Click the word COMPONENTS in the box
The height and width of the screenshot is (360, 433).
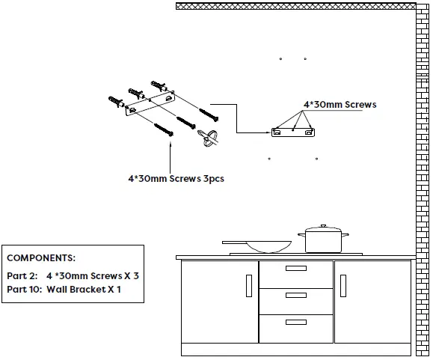click(x=41, y=257)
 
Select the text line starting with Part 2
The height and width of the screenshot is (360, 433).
click(x=73, y=275)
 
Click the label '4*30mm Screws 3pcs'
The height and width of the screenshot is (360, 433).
click(x=176, y=179)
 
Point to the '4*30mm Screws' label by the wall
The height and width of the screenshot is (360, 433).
click(x=340, y=105)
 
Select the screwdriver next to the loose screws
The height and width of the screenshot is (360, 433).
click(x=209, y=139)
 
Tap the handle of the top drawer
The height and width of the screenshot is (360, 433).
click(x=296, y=269)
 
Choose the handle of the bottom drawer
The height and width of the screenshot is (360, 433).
click(x=296, y=320)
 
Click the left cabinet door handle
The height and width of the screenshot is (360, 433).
click(x=248, y=285)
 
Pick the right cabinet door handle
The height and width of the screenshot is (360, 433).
click(x=343, y=285)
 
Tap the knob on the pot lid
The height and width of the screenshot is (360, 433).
click(x=323, y=226)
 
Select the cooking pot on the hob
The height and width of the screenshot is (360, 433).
click(x=323, y=241)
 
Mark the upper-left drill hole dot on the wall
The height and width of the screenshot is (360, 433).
click(x=280, y=58)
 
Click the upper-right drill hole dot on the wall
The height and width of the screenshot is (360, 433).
click(x=305, y=58)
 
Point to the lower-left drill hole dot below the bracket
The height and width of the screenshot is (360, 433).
click(x=269, y=158)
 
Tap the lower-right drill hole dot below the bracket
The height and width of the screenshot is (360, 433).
click(x=316, y=158)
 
